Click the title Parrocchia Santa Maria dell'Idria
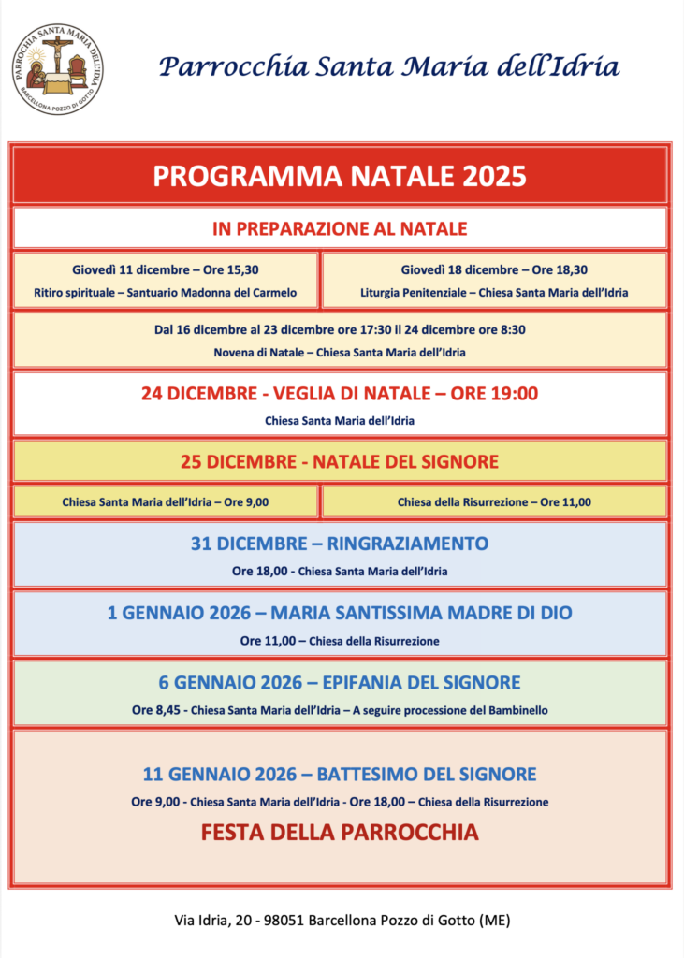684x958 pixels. [x=388, y=66]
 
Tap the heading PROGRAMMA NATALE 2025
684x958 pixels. [x=340, y=176]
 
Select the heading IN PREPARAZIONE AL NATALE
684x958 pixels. [x=340, y=228]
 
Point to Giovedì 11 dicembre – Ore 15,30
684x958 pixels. [x=166, y=269]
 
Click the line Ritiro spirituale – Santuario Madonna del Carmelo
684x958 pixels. [x=166, y=293]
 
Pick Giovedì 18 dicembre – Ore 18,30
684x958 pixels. [x=494, y=269]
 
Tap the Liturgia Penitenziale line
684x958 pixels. [x=494, y=293]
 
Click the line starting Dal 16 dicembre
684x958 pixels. [x=340, y=329]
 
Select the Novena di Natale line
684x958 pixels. [x=340, y=353]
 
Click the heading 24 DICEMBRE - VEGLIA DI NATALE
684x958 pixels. [x=340, y=394]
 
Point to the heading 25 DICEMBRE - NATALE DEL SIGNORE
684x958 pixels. [x=340, y=462]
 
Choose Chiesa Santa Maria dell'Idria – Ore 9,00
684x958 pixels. [x=166, y=502]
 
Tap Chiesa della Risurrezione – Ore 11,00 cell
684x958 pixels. [x=494, y=502]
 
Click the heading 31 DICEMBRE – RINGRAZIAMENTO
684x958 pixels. [x=340, y=544]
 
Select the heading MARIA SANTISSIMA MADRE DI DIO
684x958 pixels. [x=340, y=614]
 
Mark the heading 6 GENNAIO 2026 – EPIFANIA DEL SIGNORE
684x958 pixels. [x=340, y=683]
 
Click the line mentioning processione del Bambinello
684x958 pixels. [x=340, y=710]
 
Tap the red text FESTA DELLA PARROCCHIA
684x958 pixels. [x=340, y=833]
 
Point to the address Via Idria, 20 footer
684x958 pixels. [x=342, y=921]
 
